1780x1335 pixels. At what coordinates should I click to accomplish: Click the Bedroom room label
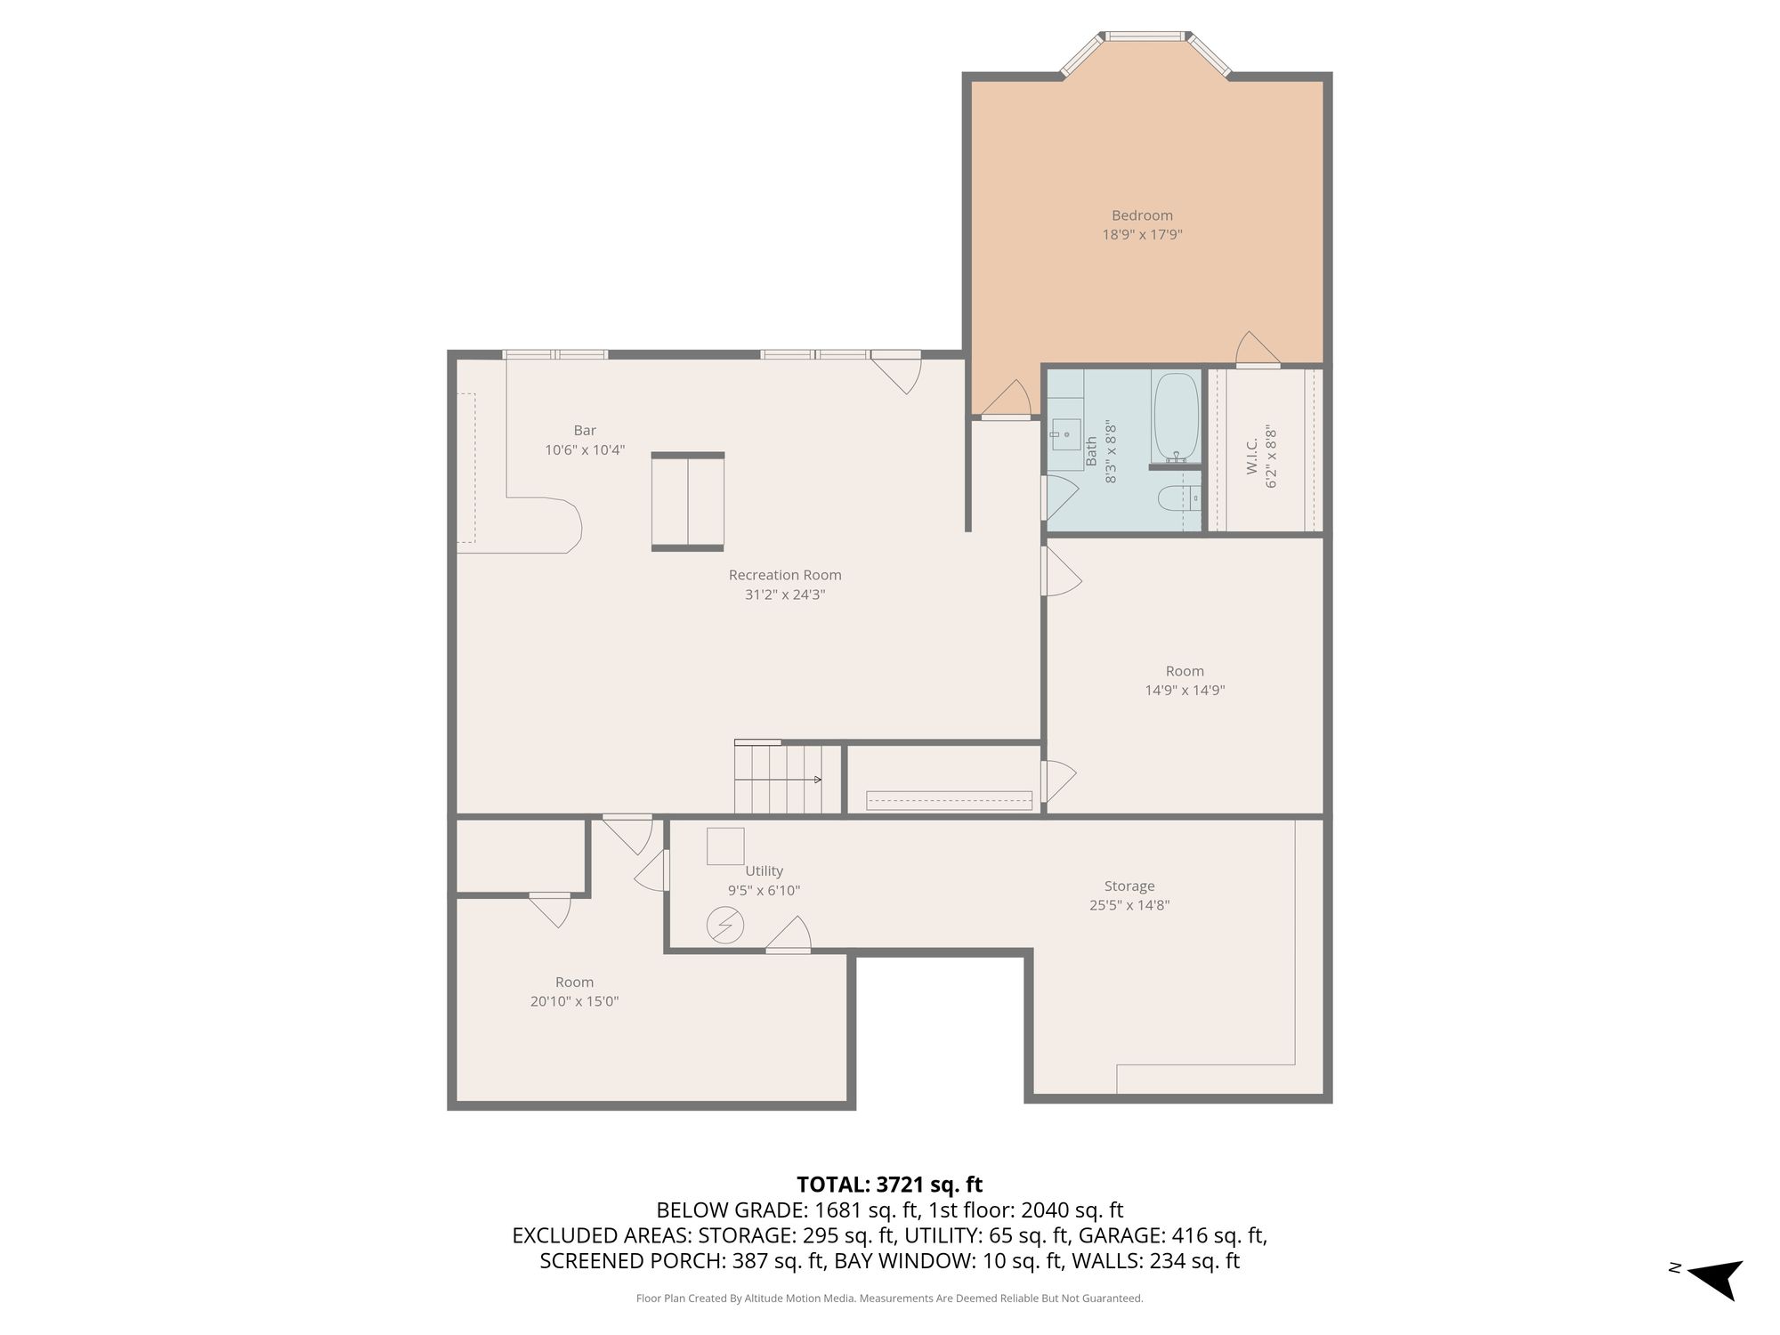[x=1142, y=215]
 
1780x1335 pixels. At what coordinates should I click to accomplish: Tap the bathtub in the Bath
[x=1176, y=417]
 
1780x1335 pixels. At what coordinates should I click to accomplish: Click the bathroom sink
[x=1065, y=434]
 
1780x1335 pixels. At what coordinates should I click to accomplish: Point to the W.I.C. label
[x=1252, y=456]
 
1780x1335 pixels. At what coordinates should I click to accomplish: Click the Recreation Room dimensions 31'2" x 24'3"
[x=785, y=595]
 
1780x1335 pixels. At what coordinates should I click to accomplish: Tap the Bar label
[x=585, y=431]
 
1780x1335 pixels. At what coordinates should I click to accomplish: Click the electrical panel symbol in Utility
[x=724, y=926]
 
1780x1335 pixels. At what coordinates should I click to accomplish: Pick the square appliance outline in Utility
[x=725, y=845]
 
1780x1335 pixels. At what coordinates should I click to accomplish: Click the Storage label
[x=1129, y=886]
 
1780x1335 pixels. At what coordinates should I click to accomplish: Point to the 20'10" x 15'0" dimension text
[x=574, y=1001]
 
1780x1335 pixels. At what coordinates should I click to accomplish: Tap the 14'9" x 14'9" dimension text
[x=1185, y=690]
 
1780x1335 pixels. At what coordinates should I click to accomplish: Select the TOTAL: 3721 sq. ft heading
[x=889, y=1185]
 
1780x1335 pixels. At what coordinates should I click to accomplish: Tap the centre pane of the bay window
[x=1145, y=36]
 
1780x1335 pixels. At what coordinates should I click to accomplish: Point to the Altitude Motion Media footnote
[x=889, y=1299]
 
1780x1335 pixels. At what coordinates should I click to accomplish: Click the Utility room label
[x=764, y=871]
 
